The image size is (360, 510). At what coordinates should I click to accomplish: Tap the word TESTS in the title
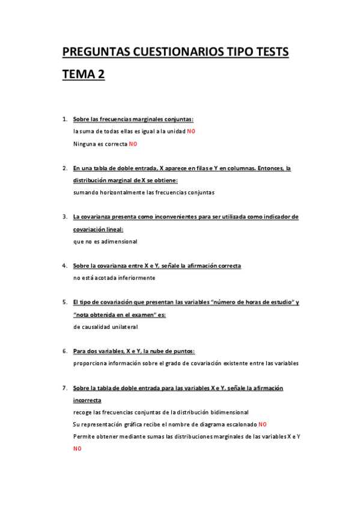click(x=269, y=53)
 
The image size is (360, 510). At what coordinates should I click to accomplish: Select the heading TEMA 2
click(x=84, y=75)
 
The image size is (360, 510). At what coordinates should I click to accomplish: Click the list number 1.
click(x=64, y=119)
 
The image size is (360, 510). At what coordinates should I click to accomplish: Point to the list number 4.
click(x=64, y=265)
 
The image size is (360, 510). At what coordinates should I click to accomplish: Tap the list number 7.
click(x=64, y=388)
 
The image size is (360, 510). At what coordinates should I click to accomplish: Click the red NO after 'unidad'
click(x=191, y=131)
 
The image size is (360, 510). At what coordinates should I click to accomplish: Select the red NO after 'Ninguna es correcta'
click(x=133, y=144)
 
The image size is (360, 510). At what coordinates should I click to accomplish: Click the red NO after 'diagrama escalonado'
click(x=263, y=424)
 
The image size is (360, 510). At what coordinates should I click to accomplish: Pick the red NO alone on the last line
click(x=78, y=449)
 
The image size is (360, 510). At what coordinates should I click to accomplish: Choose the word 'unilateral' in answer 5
click(x=123, y=327)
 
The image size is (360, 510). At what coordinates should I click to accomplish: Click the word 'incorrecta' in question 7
click(x=87, y=400)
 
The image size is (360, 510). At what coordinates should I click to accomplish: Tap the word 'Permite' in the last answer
click(x=84, y=436)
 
